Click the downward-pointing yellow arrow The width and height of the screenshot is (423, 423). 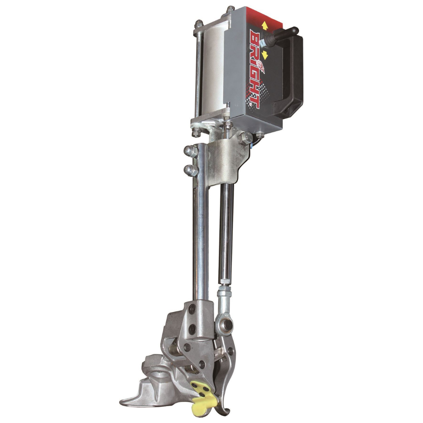click(265, 55)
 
